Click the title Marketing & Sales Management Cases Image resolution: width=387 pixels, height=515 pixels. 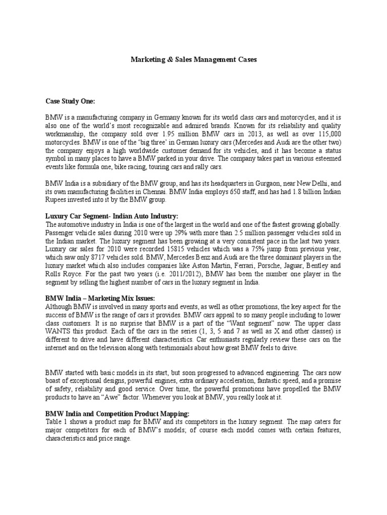click(x=193, y=59)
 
